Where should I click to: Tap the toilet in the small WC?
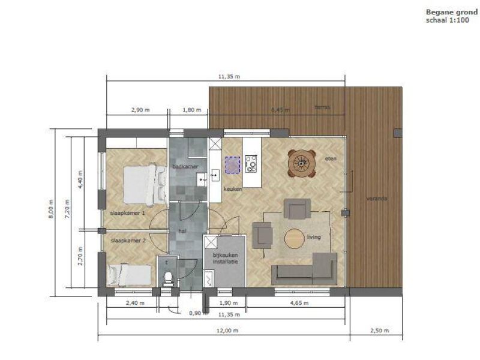(169, 276)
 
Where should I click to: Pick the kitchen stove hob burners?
(251, 163)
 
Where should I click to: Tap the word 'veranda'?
(377, 198)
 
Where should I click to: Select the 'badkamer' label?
(182, 166)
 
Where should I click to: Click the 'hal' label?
(182, 230)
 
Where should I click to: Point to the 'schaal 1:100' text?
(447, 19)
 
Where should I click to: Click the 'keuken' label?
(232, 189)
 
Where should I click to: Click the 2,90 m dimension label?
(139, 110)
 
